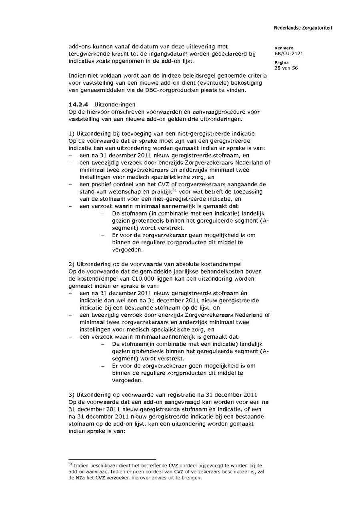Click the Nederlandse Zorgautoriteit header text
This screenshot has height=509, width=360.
[303, 28]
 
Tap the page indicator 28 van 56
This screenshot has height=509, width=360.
[286, 68]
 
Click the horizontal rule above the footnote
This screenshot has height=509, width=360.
[112, 459]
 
